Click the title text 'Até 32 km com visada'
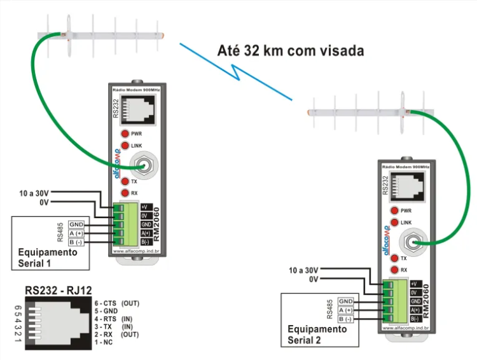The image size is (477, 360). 291,50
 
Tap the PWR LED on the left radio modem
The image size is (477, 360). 125,134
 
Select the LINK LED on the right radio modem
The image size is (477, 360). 395,223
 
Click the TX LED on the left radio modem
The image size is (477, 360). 125,182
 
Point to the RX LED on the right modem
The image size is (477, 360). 395,270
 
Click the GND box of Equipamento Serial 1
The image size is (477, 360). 77,225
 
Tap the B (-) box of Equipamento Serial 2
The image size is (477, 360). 346,319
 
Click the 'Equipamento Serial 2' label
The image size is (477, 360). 317,335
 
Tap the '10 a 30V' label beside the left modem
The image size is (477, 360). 34,192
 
